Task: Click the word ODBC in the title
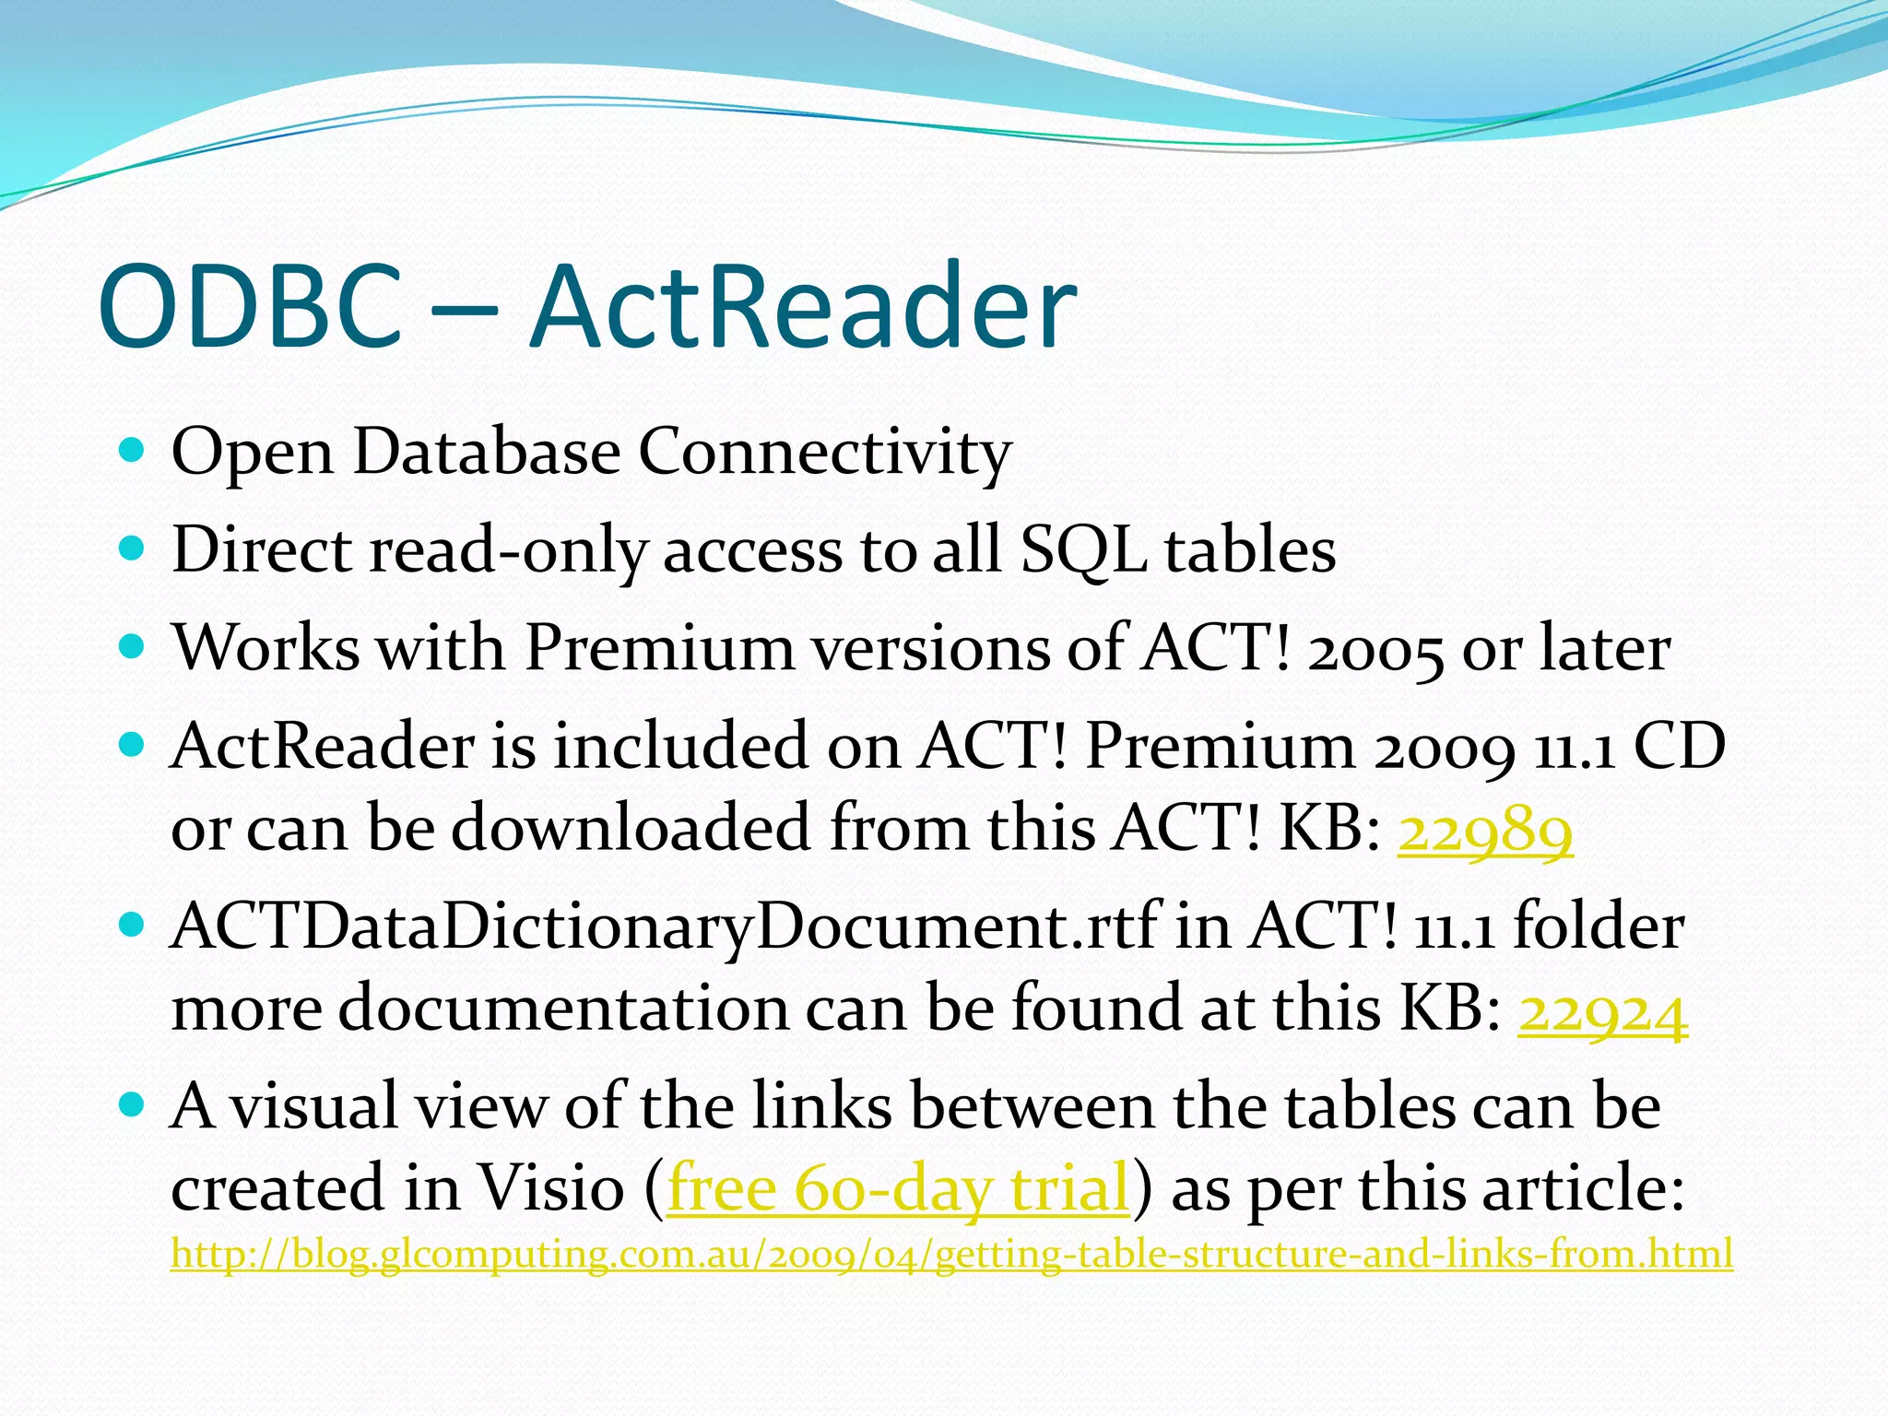point(249,306)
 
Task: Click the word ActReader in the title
point(802,306)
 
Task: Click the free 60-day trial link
point(898,1188)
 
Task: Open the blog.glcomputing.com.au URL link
point(951,1255)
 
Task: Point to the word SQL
point(1082,551)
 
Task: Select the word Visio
point(549,1188)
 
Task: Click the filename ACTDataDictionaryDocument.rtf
point(664,926)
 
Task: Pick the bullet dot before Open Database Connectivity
point(133,451)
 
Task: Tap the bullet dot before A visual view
point(133,1103)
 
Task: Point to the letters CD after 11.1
point(1679,746)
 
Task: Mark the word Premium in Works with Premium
point(658,648)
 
